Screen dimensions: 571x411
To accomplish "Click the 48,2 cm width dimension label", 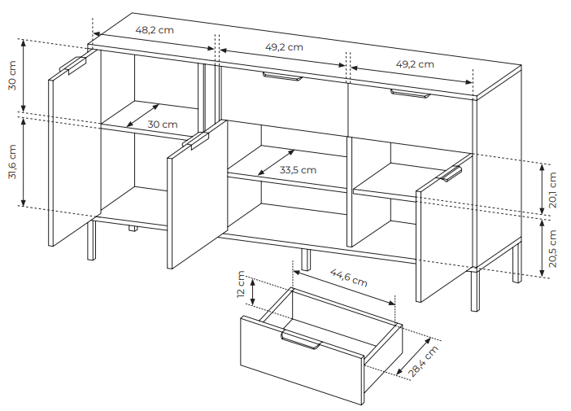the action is (x=155, y=30).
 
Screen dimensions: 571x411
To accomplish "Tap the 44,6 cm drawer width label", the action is (x=348, y=278).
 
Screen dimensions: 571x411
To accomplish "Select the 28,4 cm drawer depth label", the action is (x=423, y=361).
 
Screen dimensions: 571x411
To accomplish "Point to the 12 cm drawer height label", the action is (x=241, y=284).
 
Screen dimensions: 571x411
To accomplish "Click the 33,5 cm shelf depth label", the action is (x=298, y=170).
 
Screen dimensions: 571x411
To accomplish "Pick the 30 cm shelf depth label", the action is (x=163, y=125).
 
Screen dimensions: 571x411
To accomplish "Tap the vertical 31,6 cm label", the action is (x=12, y=162).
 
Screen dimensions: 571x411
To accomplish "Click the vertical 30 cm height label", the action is (x=12, y=76).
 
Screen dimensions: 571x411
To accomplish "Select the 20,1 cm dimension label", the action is (x=553, y=190).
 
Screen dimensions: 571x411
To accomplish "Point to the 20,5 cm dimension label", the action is (x=553, y=249).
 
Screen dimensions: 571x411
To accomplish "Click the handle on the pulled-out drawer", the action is (x=301, y=341).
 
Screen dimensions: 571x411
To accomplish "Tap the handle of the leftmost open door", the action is (x=72, y=65).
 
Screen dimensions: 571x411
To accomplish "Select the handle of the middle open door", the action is (x=195, y=141).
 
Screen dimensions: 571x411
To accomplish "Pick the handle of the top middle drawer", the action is (x=282, y=76).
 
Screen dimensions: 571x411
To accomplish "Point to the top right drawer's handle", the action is (x=411, y=94).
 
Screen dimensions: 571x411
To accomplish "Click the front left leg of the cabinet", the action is (x=91, y=240).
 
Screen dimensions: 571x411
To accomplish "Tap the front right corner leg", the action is (x=475, y=291).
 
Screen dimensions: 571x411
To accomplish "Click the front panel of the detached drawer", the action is (x=302, y=361).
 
